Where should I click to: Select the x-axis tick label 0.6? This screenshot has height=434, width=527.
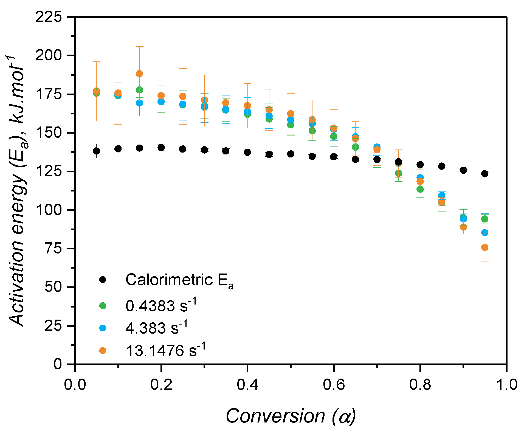[334, 384]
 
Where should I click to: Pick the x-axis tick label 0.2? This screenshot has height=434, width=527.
[161, 384]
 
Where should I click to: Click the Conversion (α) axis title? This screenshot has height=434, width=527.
[291, 416]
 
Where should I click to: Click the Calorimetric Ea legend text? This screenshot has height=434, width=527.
[179, 280]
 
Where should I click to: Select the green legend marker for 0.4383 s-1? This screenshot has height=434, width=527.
[103, 306]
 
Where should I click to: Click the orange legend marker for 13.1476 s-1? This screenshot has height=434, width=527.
[103, 350]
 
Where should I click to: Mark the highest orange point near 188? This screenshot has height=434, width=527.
[139, 74]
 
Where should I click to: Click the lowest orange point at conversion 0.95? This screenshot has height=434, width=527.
[485, 247]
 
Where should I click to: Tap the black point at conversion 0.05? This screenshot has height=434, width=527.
[96, 151]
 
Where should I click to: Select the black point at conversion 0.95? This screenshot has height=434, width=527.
[485, 174]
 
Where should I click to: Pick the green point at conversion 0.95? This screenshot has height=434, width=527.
[485, 219]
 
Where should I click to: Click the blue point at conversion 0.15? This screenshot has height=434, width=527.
[139, 103]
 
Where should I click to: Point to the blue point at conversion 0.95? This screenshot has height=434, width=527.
[485, 233]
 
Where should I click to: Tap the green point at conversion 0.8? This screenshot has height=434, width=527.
[420, 189]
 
